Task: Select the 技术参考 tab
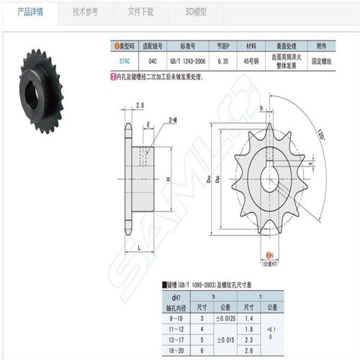point(86,12)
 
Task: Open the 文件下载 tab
point(141,12)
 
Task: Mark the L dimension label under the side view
point(137,247)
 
